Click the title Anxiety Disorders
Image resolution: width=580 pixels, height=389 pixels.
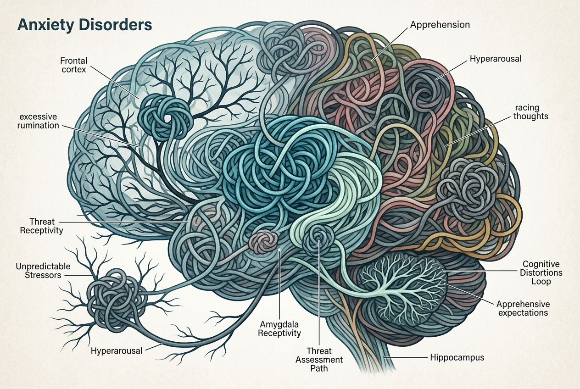click(84, 25)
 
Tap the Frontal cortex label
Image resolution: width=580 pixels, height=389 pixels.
click(74, 65)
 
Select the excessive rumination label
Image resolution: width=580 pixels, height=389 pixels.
click(38, 121)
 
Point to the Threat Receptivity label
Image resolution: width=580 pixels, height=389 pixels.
click(41, 226)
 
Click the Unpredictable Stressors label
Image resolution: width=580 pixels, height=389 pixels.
click(43, 271)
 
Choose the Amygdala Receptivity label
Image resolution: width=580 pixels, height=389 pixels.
click(279, 328)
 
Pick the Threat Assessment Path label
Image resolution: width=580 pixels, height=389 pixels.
click(319, 360)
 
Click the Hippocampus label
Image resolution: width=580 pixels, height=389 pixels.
click(457, 357)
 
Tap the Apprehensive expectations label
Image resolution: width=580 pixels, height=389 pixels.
click(523, 308)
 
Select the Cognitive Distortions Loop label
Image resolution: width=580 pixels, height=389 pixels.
click(541, 272)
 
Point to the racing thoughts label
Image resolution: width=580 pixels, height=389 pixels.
click(530, 112)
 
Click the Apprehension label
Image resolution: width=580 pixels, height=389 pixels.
click(440, 25)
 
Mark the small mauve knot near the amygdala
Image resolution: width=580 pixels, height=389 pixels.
click(262, 242)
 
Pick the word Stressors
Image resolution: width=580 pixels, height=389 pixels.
click(43, 275)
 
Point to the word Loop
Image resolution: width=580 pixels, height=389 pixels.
click(541, 281)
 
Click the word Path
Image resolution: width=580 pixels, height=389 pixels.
click(319, 368)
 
